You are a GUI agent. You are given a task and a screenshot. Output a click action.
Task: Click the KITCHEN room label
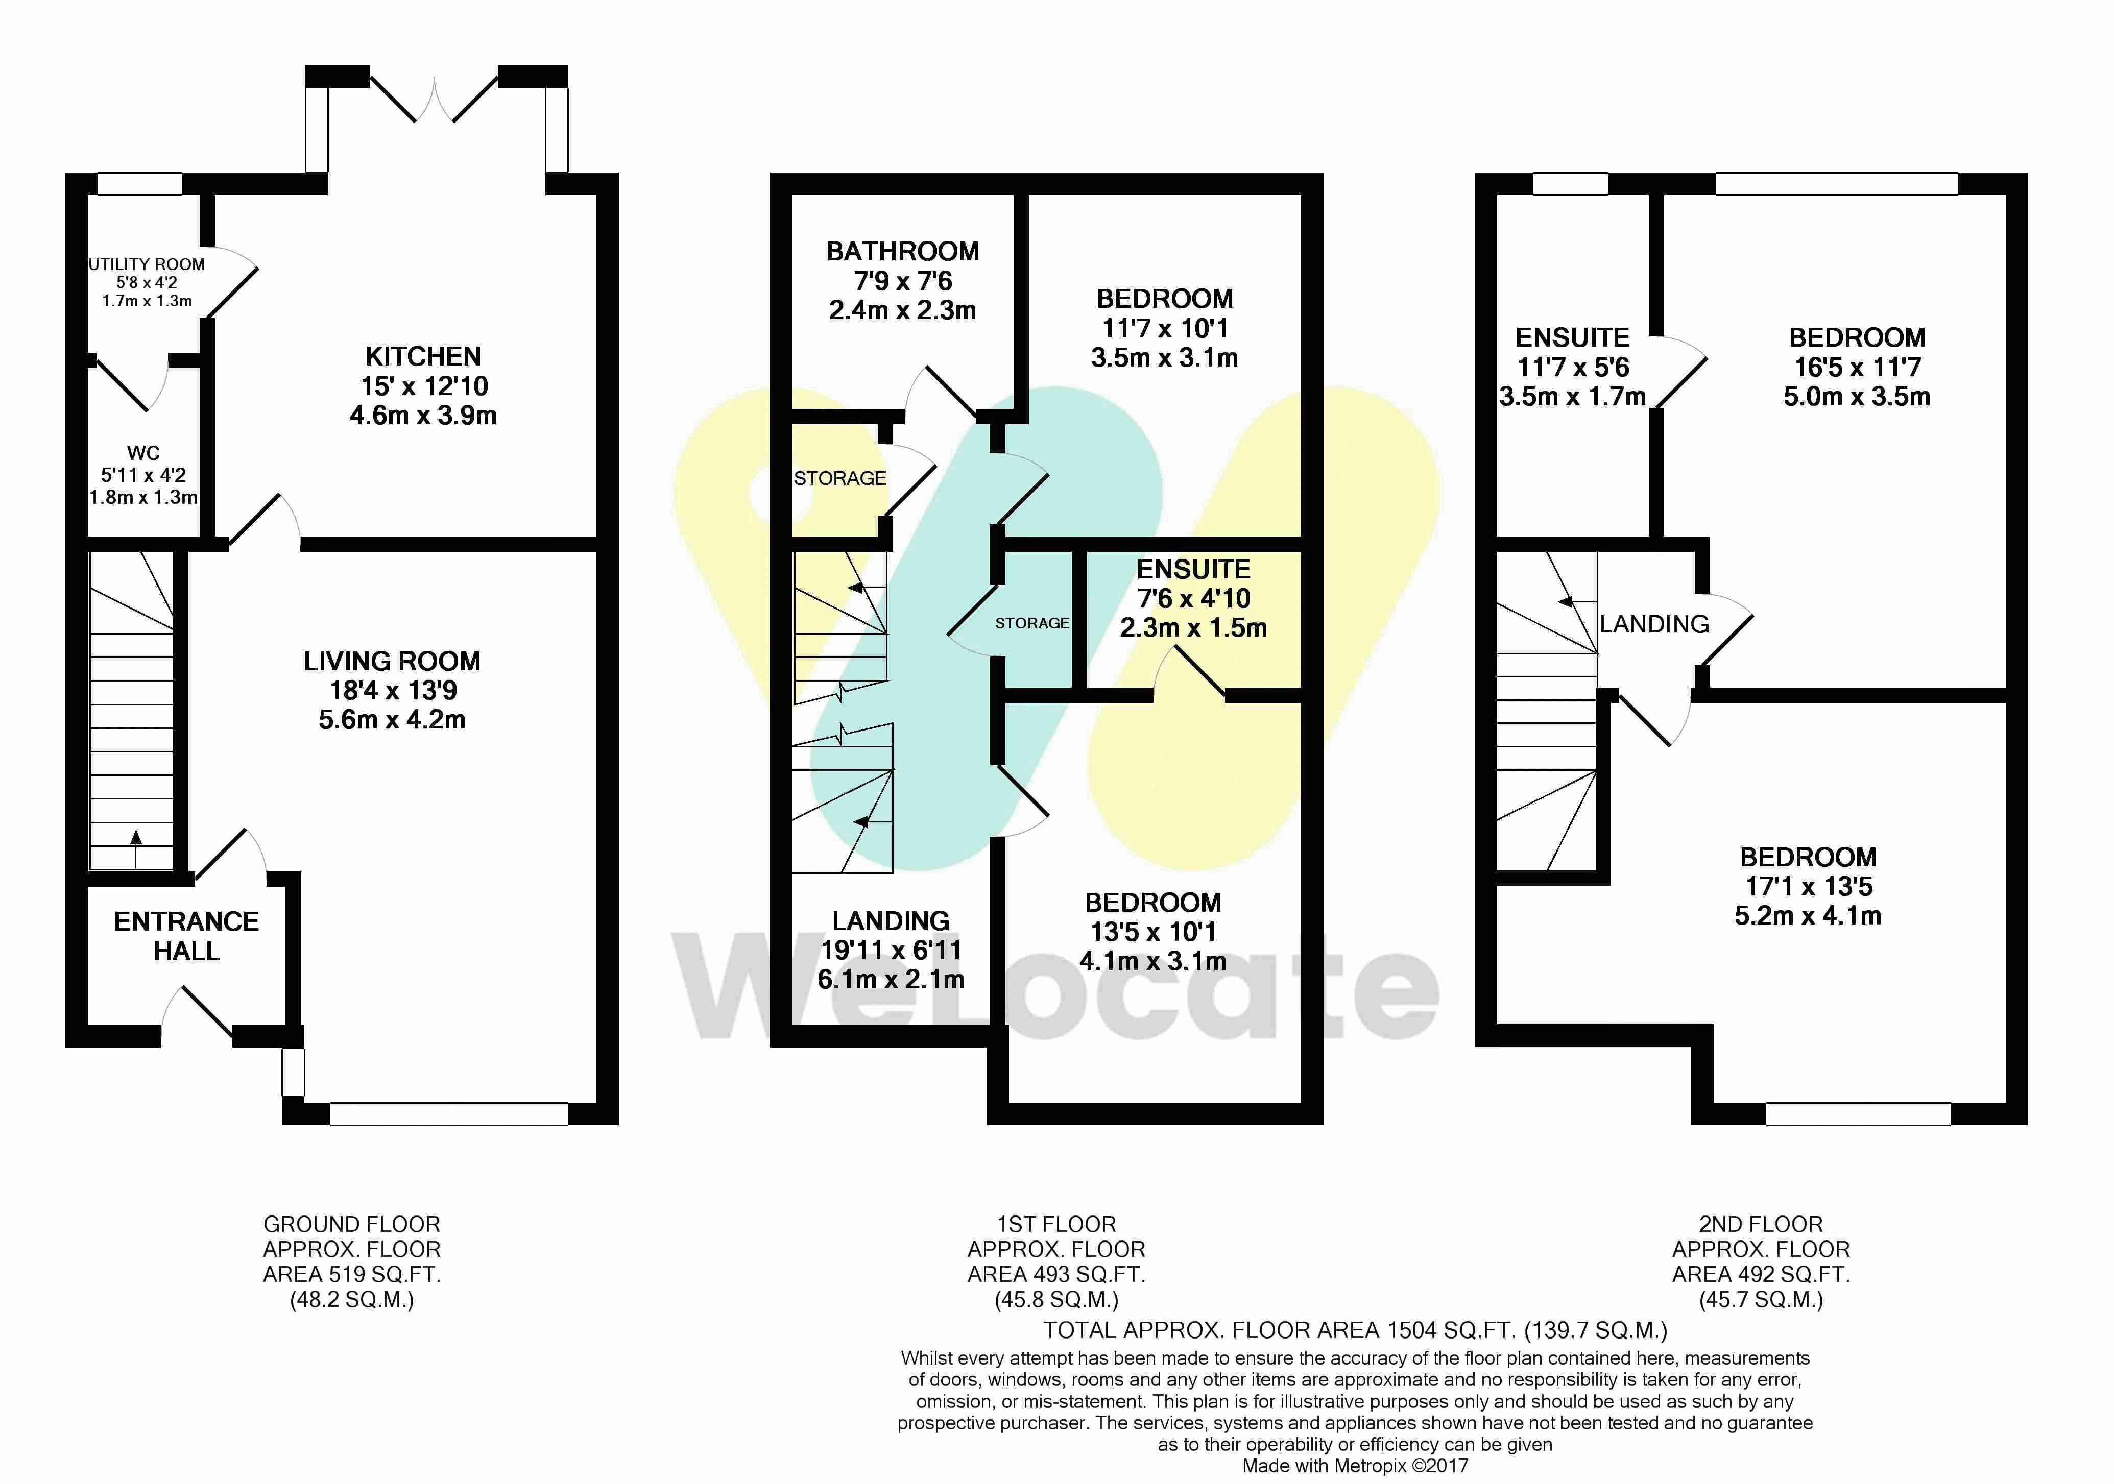[423, 356]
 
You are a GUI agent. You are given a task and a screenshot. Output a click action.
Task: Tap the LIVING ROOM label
[392, 661]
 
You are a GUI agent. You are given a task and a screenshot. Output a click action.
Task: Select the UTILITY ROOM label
[147, 264]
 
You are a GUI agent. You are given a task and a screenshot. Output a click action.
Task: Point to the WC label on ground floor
[143, 453]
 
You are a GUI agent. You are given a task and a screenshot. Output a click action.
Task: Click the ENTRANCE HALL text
[186, 936]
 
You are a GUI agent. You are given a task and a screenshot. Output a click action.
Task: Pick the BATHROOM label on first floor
[902, 251]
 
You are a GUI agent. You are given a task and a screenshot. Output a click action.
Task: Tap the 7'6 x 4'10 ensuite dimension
[1194, 598]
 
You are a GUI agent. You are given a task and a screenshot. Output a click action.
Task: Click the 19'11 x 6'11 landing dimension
[891, 950]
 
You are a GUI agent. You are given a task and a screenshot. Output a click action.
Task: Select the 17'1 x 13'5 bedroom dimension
[1808, 887]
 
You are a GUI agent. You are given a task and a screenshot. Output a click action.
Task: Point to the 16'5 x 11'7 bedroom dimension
[1857, 368]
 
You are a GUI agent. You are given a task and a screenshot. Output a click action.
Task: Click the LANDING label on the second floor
[1654, 624]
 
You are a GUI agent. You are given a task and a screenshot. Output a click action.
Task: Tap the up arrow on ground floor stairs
[136, 849]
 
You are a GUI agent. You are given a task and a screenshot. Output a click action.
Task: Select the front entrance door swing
[199, 1013]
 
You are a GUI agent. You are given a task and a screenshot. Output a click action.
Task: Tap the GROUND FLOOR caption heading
[352, 1224]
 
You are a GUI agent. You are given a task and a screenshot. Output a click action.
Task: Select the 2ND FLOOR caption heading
[1761, 1224]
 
